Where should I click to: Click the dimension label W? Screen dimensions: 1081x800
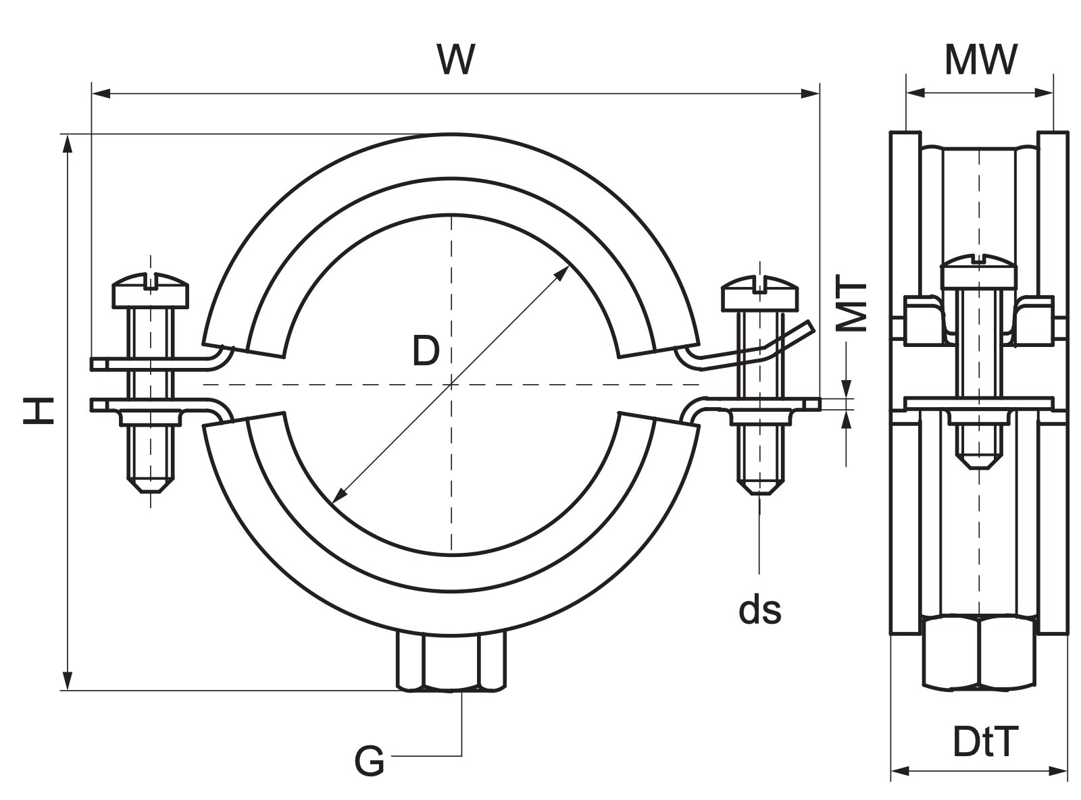(x=455, y=59)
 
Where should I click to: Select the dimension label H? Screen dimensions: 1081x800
(x=39, y=410)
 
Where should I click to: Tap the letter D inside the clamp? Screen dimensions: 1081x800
(x=426, y=350)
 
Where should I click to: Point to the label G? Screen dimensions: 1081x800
(x=369, y=762)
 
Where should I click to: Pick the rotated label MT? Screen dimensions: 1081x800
(x=852, y=303)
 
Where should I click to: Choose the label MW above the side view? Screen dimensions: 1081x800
(x=980, y=60)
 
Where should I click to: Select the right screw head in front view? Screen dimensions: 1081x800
(x=759, y=293)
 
